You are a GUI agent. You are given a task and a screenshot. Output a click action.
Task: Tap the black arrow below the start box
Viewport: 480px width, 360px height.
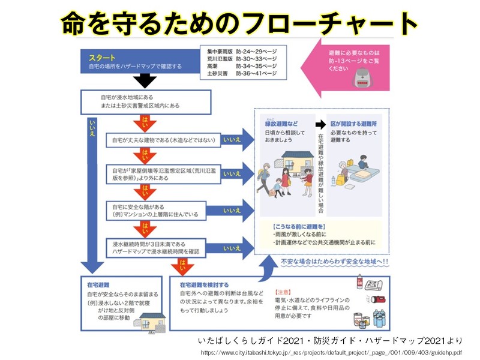145,80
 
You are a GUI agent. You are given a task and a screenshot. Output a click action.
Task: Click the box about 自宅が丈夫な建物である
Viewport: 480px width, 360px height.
162,140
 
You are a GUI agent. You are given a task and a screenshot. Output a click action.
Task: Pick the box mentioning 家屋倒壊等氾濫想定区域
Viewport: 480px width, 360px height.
162,173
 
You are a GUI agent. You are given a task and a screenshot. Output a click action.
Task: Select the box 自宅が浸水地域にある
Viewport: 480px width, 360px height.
145,100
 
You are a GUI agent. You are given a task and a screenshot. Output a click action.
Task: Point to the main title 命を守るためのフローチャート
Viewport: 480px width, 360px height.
239,23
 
